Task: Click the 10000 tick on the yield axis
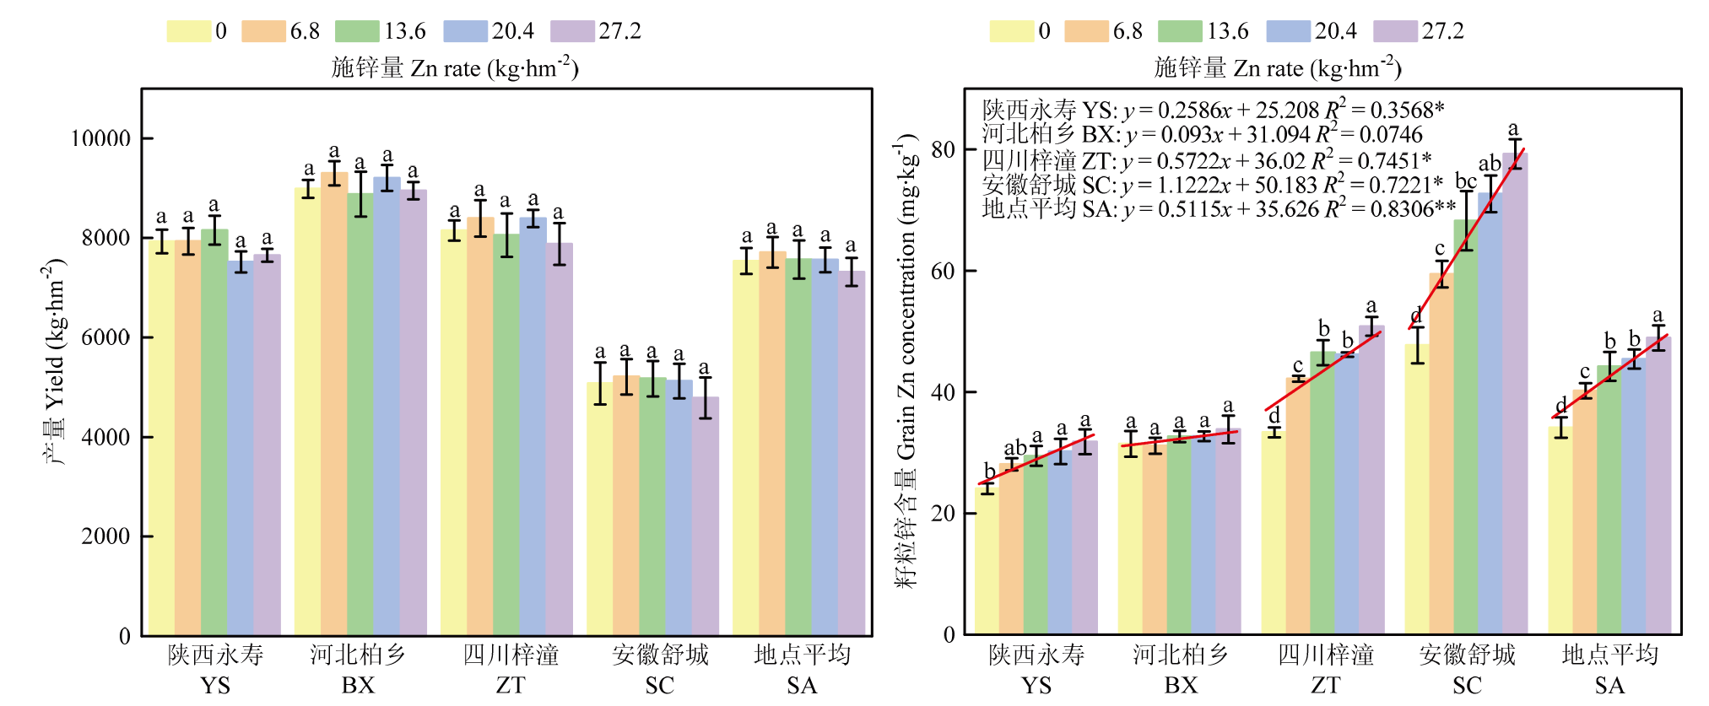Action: point(100,138)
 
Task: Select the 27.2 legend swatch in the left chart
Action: point(572,31)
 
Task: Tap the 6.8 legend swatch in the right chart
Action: point(1085,31)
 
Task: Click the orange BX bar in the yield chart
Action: point(334,405)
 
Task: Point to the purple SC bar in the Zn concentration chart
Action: point(1515,396)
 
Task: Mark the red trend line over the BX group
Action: point(1179,439)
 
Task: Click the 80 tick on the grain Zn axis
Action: point(943,150)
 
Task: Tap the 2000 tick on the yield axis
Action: point(105,536)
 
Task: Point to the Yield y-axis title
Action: point(54,363)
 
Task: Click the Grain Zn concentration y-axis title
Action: point(907,363)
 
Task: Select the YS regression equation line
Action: point(1213,110)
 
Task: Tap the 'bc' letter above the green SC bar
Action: point(1466,181)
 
